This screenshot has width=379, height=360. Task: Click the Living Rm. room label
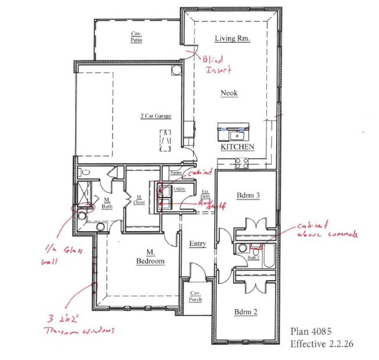coord(232,38)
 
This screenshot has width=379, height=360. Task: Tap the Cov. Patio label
coord(136,37)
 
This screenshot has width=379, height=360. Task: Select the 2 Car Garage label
coord(156,116)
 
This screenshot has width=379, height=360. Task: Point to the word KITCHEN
coord(237,147)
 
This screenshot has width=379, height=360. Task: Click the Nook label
coord(229,93)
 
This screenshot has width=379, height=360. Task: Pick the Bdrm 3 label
coord(248,195)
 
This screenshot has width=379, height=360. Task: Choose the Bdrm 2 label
coord(246,312)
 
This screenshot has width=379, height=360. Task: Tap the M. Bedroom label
coord(150,257)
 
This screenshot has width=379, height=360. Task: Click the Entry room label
coord(197,244)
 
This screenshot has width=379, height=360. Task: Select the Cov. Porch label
coord(195,296)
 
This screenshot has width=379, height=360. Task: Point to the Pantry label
coord(176,173)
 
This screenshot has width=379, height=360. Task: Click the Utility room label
coord(179,189)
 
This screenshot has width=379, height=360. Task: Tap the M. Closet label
coord(139,200)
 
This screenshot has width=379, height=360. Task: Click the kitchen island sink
coord(237,136)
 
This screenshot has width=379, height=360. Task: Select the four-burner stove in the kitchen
coord(242,163)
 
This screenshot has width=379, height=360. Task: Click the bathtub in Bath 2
coord(269,256)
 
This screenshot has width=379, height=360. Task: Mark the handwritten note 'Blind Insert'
coord(217,65)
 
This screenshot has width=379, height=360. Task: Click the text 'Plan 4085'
coord(311,331)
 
